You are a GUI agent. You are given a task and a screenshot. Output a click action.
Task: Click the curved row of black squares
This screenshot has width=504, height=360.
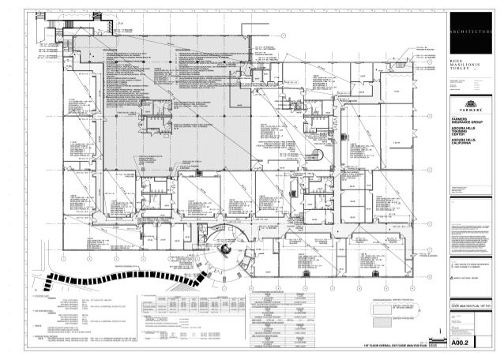pyautogui.click(x=118, y=278)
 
